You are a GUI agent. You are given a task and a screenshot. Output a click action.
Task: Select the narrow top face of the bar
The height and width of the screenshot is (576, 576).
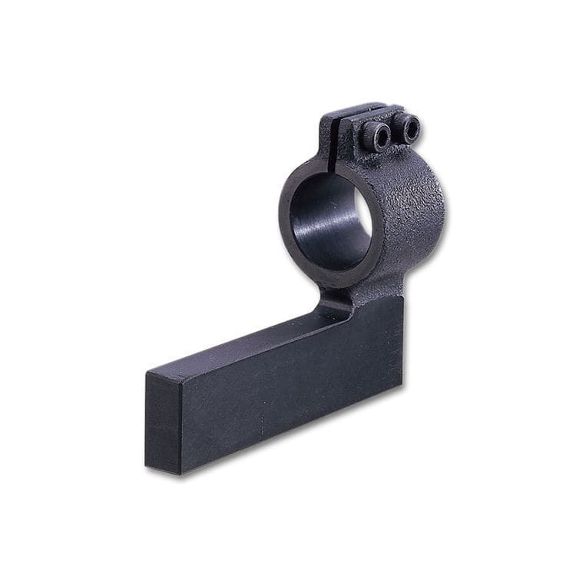[253, 346]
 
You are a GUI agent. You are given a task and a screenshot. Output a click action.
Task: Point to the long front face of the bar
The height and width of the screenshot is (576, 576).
[292, 384]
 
